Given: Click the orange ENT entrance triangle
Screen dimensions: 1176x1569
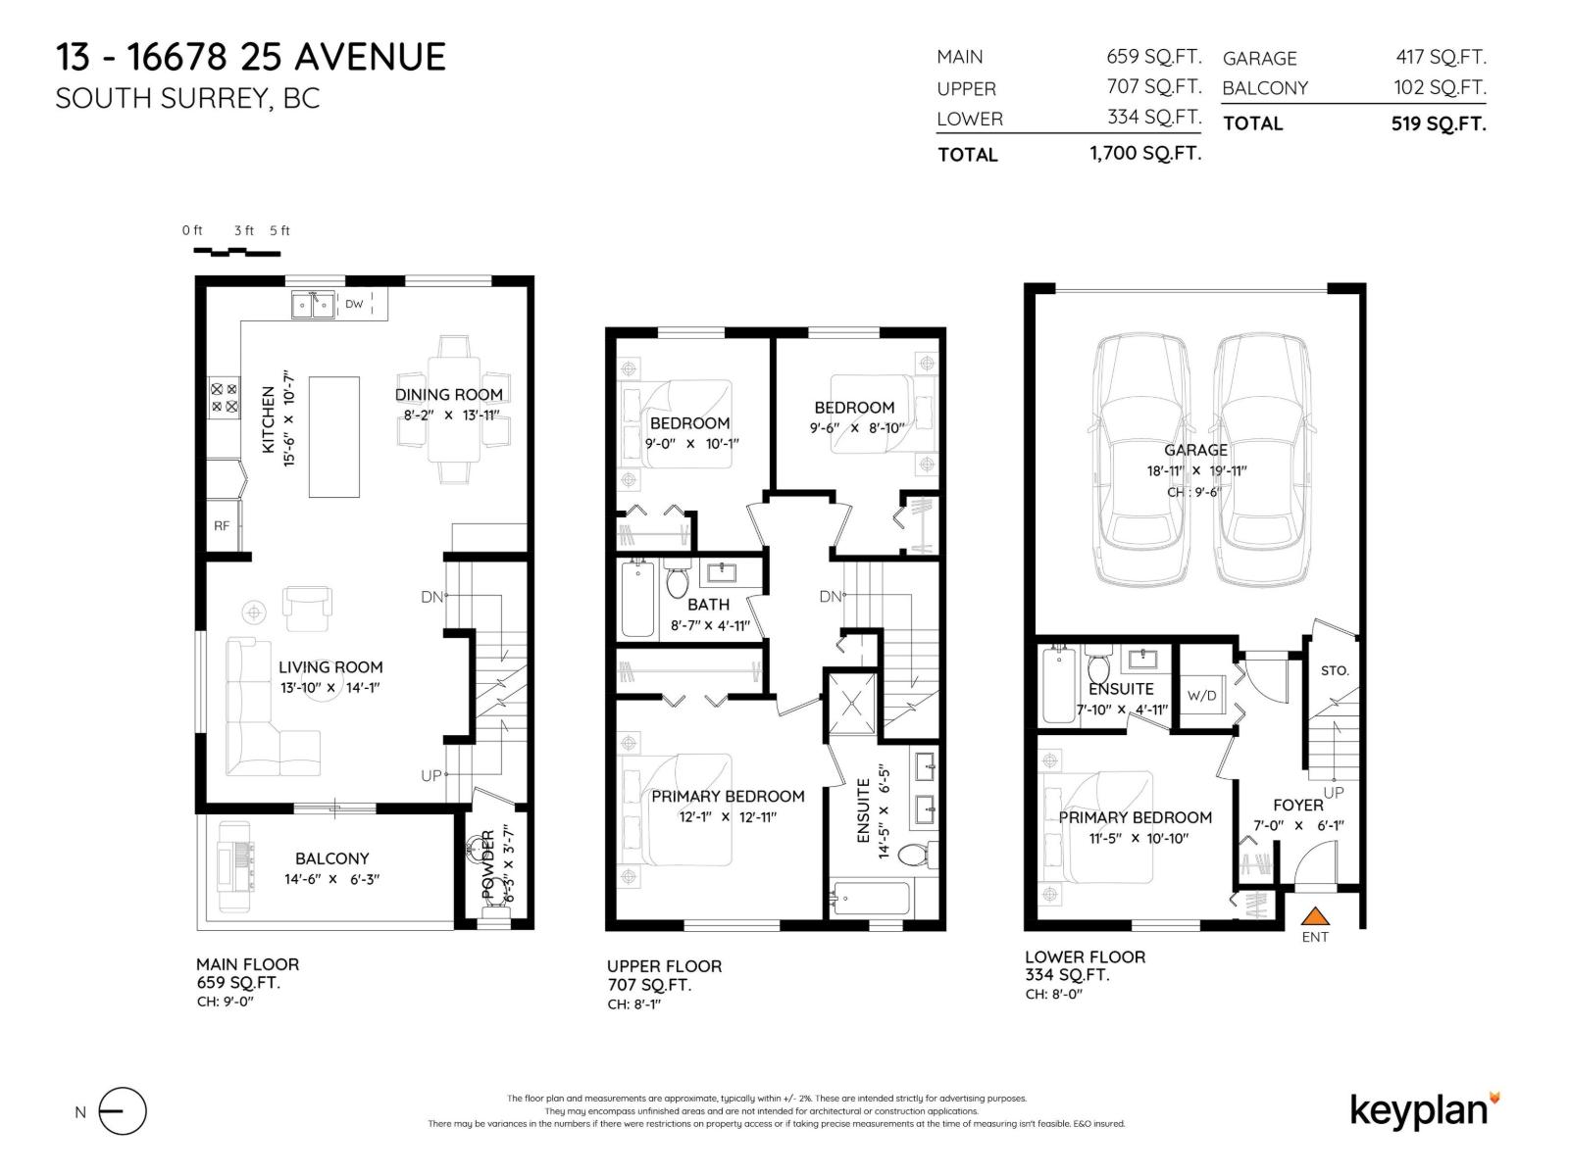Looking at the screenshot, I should (1315, 917).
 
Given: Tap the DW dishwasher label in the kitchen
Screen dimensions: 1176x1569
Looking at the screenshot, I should (354, 304).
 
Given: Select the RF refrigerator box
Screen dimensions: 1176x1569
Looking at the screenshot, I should (222, 526).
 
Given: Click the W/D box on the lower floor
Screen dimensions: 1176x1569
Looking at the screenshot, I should (1201, 696).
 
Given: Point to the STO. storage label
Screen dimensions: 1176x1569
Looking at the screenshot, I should (1335, 671).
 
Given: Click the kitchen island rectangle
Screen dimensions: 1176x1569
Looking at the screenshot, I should (334, 437).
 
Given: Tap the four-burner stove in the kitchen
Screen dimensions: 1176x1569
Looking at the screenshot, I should (225, 398).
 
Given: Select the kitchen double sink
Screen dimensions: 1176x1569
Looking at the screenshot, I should (313, 305).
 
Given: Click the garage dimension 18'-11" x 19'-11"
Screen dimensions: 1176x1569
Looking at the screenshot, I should (1196, 470).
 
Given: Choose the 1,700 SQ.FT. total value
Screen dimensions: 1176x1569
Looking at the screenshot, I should (1144, 154).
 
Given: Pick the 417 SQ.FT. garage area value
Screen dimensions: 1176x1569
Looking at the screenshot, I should (1441, 58).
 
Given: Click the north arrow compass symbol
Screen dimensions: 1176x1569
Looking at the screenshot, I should (122, 1111).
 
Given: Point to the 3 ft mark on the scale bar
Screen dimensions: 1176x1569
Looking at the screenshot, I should (243, 231).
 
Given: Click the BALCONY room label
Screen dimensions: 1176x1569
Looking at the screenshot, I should (331, 858).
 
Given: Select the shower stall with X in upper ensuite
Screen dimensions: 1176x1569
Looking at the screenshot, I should (852, 702).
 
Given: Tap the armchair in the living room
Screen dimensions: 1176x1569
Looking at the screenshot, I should (307, 608).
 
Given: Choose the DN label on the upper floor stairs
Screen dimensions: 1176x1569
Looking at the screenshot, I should (830, 597).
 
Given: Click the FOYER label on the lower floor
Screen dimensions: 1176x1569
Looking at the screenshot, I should (1298, 805).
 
